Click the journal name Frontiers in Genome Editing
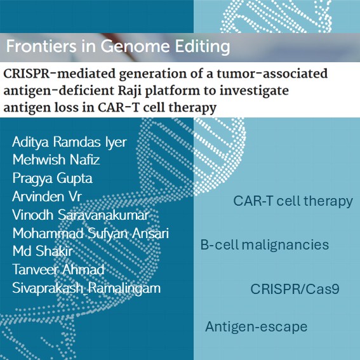117,48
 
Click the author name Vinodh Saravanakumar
76,213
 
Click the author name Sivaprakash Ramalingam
86,288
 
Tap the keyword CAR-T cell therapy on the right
293,201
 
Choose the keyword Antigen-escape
256,327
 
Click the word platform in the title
171,91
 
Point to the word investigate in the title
253,91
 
